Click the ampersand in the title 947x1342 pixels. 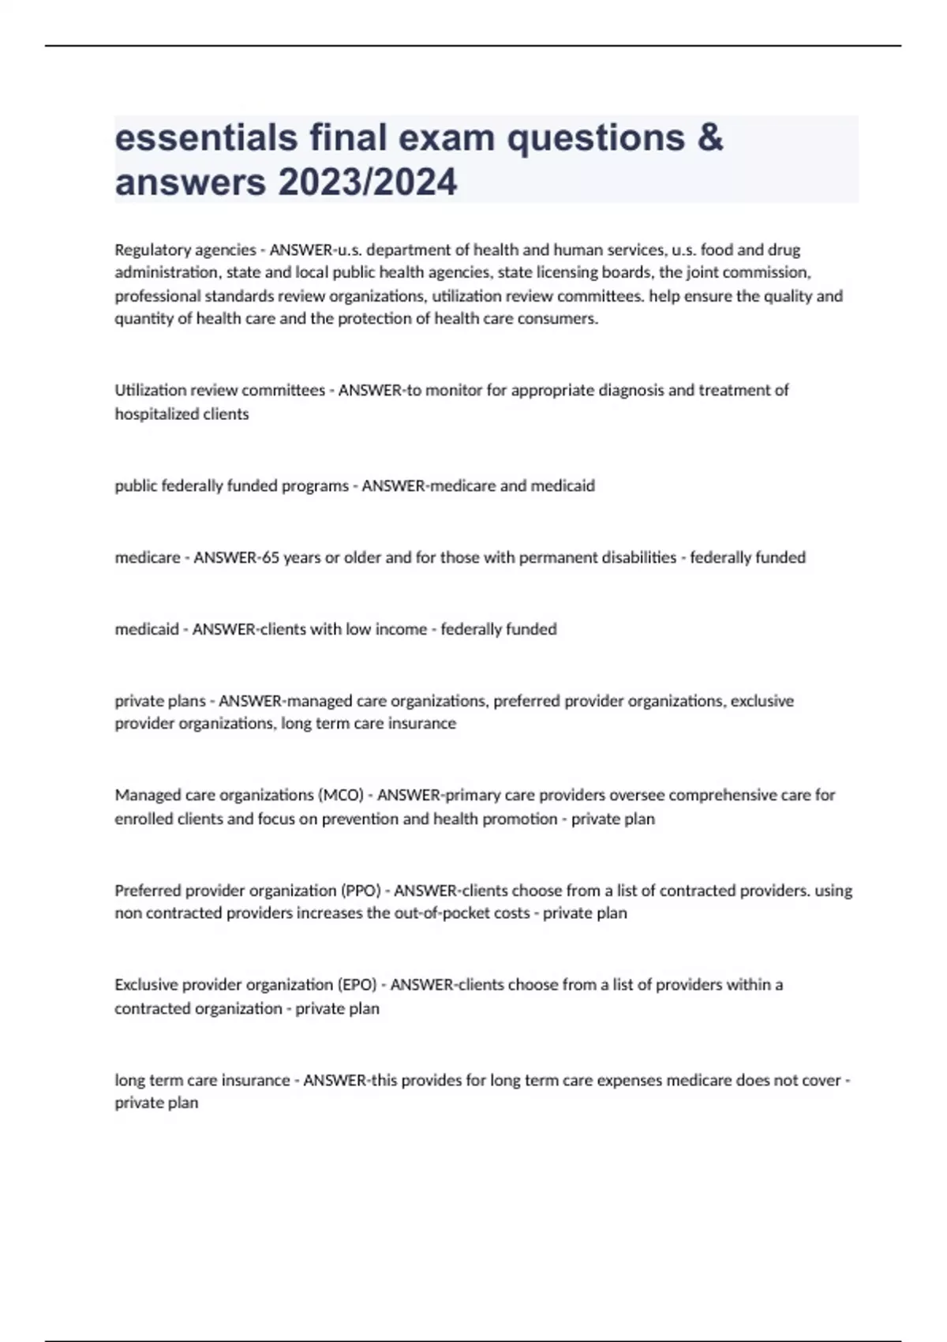[x=710, y=137]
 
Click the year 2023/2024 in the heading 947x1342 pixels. [x=367, y=182]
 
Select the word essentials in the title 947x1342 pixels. [x=206, y=137]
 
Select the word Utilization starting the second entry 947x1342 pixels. [x=151, y=390]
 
